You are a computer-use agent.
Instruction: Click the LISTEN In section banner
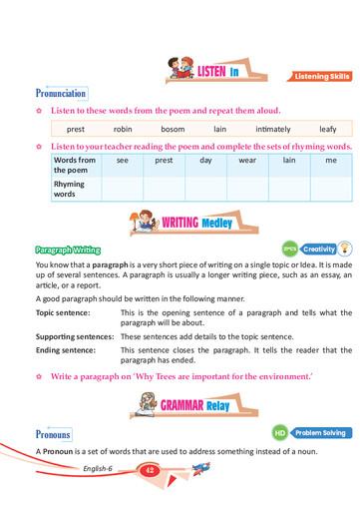pos(209,71)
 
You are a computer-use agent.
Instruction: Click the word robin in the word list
pos(123,129)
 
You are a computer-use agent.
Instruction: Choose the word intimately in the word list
pos(272,129)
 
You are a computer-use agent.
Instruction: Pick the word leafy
pos(328,129)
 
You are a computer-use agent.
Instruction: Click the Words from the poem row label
pos(75,165)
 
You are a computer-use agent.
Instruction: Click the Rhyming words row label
pos(69,189)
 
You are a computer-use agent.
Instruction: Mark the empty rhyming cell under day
pos(205,189)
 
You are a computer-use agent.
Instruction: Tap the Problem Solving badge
pos(319,433)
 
